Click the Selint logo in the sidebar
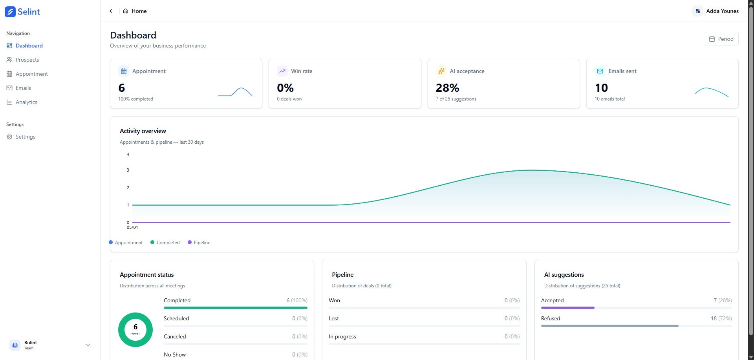pyautogui.click(x=22, y=12)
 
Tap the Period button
pyautogui.click(x=721, y=39)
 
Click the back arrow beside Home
pyautogui.click(x=111, y=11)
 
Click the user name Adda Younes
pyautogui.click(x=722, y=11)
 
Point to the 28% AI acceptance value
pyautogui.click(x=447, y=88)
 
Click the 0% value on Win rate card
pyautogui.click(x=285, y=88)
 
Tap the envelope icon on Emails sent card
pyautogui.click(x=600, y=71)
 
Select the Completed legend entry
pyautogui.click(x=165, y=243)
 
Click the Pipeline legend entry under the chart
pyautogui.click(x=199, y=243)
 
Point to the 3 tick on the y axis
pyautogui.click(x=128, y=170)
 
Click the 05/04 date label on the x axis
pyautogui.click(x=132, y=227)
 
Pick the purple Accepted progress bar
pyautogui.click(x=567, y=308)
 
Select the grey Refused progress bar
pyautogui.click(x=609, y=326)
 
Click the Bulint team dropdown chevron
pyautogui.click(x=88, y=345)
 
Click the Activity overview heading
pyautogui.click(x=143, y=131)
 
